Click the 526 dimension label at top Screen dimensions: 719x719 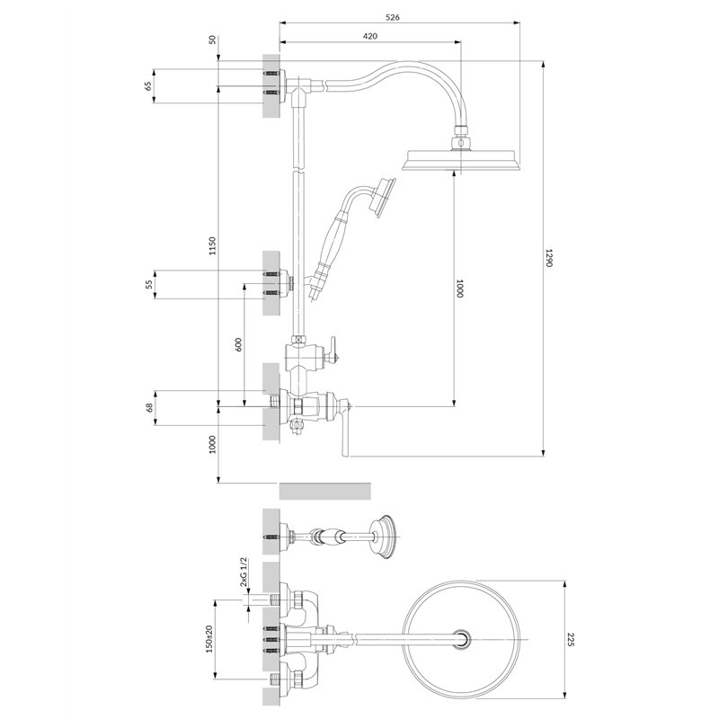[x=393, y=17]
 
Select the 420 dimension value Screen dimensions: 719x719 [x=370, y=36]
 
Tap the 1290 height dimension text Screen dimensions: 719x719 [x=550, y=258]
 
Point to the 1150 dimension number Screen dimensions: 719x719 [x=212, y=246]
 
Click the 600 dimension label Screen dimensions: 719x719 [x=238, y=345]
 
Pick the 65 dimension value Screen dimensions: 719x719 [x=147, y=85]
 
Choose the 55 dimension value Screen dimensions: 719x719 [x=148, y=284]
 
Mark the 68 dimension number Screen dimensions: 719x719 [x=148, y=408]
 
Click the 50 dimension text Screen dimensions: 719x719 [x=212, y=40]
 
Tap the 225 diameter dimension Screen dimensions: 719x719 [x=571, y=640]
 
